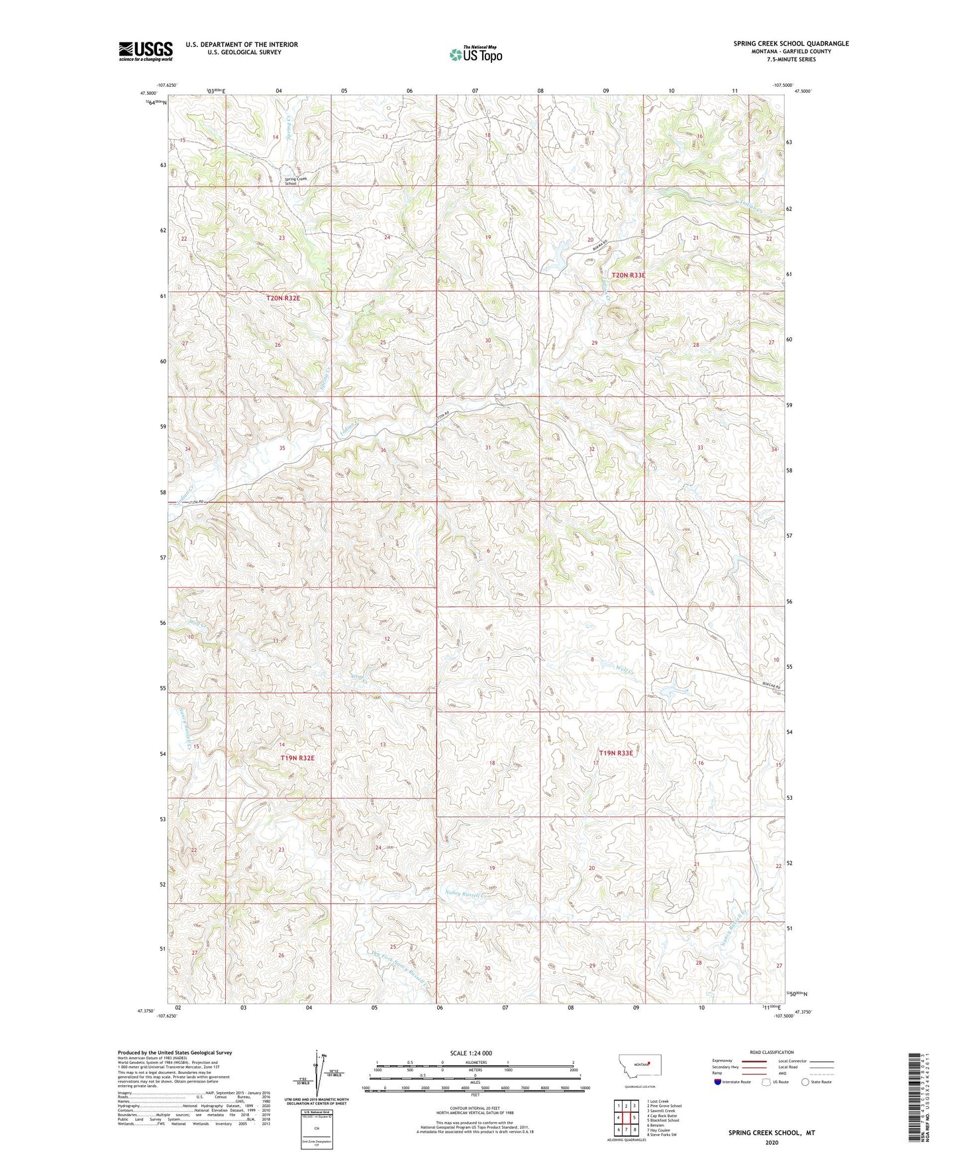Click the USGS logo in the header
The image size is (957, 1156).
145,51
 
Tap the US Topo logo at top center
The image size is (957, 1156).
474,54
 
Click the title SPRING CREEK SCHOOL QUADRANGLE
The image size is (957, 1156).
790,44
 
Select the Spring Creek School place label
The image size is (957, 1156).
296,181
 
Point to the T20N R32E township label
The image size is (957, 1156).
283,299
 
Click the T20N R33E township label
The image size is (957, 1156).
628,275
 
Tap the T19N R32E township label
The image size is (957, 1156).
297,757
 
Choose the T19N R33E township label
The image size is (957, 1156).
616,753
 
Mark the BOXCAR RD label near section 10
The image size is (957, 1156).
770,687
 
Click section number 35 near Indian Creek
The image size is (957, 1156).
282,448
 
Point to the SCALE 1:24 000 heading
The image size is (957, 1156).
470,1053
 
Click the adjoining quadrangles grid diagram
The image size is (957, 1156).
626,1120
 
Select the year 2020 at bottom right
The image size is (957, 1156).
772,1142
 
